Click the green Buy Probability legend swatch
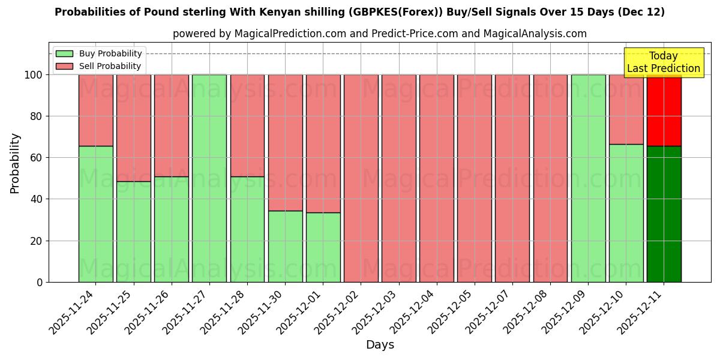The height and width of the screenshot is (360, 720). point(64,54)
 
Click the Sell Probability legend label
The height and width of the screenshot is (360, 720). point(110,66)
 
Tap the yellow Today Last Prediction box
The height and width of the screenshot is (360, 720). point(663,62)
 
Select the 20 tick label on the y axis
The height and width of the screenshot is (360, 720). point(37,241)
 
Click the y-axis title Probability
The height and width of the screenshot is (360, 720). point(15,163)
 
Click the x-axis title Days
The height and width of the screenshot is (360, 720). point(380,344)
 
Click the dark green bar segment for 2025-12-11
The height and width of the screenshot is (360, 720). point(664,214)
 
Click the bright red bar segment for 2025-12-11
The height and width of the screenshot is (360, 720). point(664,110)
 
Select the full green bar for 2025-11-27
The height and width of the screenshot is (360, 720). point(209,178)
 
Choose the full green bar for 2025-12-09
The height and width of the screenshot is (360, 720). point(588,178)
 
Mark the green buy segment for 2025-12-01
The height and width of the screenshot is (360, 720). point(323,247)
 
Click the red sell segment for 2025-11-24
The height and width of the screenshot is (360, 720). point(95,110)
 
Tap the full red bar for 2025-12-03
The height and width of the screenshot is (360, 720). point(398,178)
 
